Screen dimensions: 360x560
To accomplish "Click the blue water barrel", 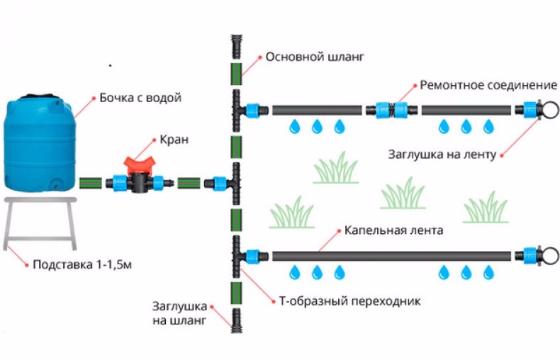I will coord(40,145).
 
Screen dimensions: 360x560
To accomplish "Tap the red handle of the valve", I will coord(139,164).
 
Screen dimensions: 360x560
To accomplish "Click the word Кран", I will coord(174,140).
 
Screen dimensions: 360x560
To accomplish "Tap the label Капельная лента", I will coord(394,231).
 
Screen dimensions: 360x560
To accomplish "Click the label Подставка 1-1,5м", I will coord(83,266).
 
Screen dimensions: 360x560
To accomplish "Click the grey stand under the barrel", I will coord(40,220).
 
